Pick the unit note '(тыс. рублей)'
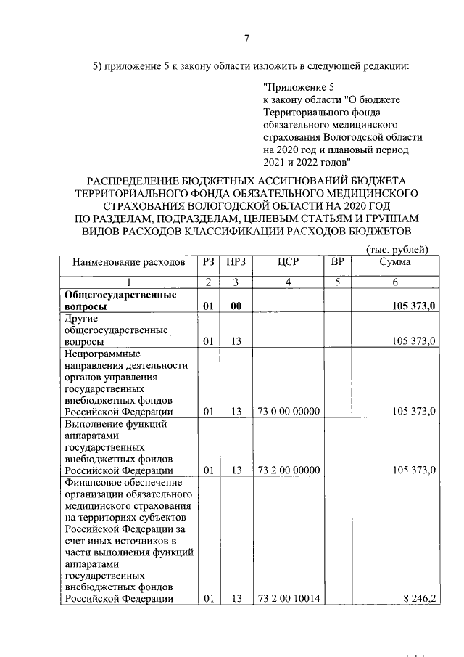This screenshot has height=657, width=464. pyautogui.click(x=397, y=249)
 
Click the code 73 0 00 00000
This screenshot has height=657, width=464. pyautogui.click(x=288, y=412)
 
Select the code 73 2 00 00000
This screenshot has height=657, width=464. pyautogui.click(x=288, y=470)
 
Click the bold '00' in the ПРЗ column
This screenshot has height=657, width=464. pyautogui.click(x=236, y=307)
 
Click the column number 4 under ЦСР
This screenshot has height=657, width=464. pyautogui.click(x=288, y=282)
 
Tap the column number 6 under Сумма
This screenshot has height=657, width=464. pyautogui.click(x=394, y=282)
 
